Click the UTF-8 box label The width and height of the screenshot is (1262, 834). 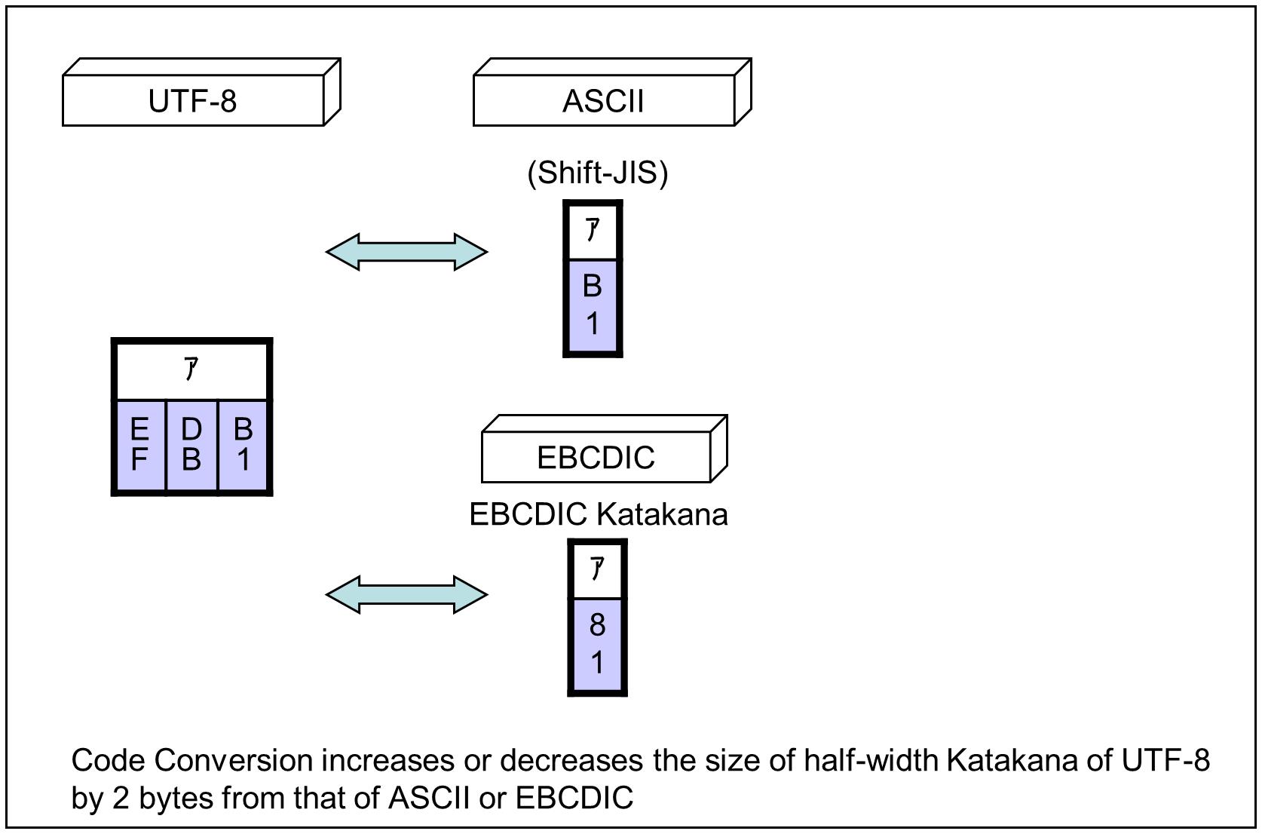pyautogui.click(x=193, y=101)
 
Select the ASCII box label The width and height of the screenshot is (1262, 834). pyautogui.click(x=603, y=101)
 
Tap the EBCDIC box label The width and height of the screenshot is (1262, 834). pyautogui.click(x=596, y=458)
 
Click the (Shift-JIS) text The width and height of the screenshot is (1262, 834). pyautogui.click(x=597, y=173)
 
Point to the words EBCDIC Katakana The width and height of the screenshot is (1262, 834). pyautogui.click(x=598, y=514)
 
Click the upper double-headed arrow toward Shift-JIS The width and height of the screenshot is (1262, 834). pyautogui.click(x=406, y=252)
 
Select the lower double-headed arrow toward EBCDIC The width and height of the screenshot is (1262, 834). pyautogui.click(x=406, y=594)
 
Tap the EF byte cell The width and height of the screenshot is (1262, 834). pyautogui.click(x=139, y=445)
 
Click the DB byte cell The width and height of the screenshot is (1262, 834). pyautogui.click(x=191, y=445)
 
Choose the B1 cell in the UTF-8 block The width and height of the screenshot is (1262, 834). pyautogui.click(x=243, y=445)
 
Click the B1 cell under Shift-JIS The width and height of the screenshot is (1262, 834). pyautogui.click(x=593, y=305)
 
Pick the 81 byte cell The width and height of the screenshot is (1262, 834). pyautogui.click(x=597, y=644)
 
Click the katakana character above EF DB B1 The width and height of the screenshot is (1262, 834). pyautogui.click(x=191, y=369)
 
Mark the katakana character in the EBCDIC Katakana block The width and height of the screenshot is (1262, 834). pyautogui.click(x=597, y=569)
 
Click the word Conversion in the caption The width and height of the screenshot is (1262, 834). pyautogui.click(x=234, y=760)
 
